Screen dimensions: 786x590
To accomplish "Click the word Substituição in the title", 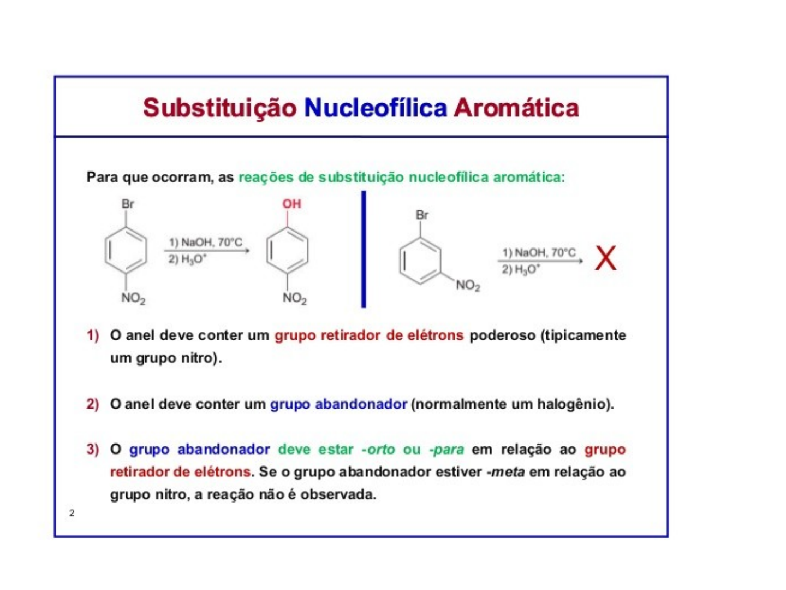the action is [219, 108].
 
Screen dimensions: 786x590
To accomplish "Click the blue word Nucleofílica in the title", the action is [376, 108].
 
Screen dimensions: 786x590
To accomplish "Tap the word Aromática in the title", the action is [516, 108].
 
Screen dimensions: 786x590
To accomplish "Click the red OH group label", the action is [291, 204].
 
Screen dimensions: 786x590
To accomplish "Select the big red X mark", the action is [605, 258].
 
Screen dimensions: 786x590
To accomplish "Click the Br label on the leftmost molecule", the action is [128, 204].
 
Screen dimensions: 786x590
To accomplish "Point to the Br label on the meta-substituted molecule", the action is [422, 215].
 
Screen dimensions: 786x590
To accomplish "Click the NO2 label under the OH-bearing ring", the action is [295, 298].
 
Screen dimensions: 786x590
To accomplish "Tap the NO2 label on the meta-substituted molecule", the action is [468, 285].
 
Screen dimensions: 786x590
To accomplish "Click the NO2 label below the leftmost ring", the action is [133, 298].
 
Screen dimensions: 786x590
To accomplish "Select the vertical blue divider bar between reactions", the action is [364, 249].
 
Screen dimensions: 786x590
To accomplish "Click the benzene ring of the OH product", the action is [288, 251].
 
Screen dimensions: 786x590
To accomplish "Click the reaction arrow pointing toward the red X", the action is [540, 261].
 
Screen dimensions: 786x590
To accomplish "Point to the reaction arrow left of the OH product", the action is [207, 251].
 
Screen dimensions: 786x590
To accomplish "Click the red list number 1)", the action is [93, 335].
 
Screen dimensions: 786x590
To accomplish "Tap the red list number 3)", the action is [93, 449].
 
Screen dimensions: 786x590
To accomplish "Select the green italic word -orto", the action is [378, 449].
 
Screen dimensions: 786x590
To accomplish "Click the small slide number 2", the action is [72, 512].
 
